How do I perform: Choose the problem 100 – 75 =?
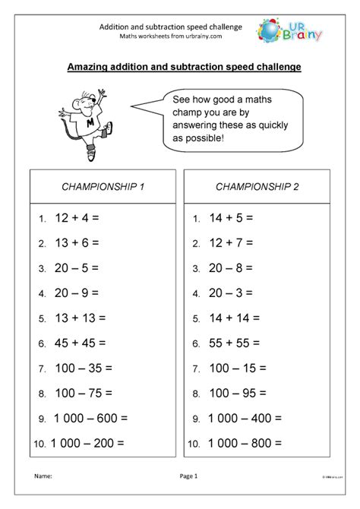[84, 393]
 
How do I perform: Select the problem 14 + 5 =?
[232, 219]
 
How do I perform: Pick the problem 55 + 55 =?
[235, 343]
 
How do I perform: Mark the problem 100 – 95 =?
[238, 393]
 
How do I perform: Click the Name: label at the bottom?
[43, 476]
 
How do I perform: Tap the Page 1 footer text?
[188, 476]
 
